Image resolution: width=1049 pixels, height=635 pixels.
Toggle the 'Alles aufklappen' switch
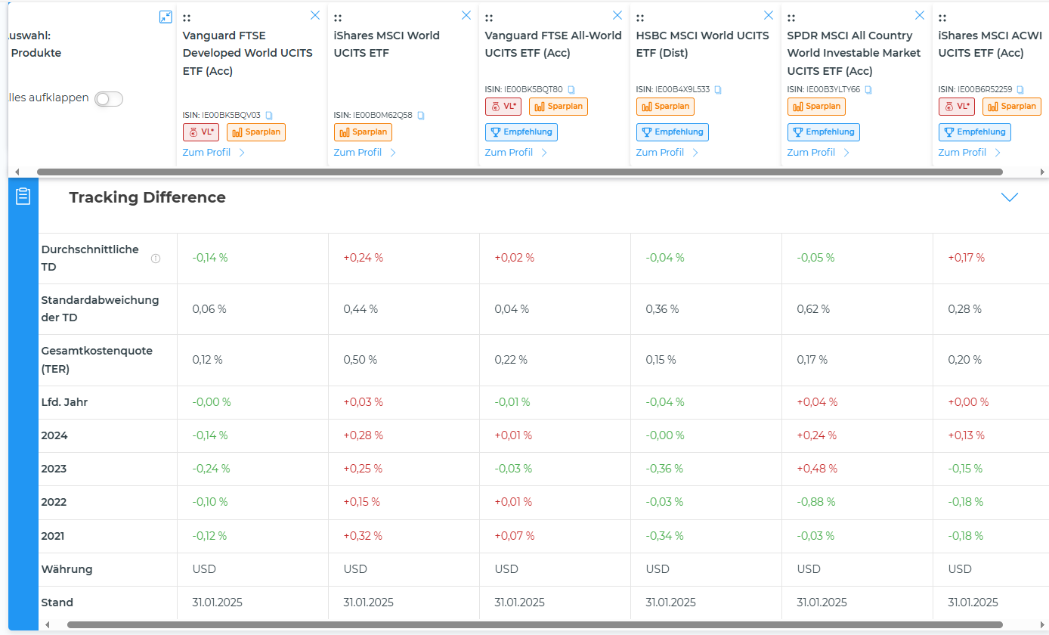pos(109,99)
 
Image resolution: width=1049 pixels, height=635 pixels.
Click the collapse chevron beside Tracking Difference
pos(1009,197)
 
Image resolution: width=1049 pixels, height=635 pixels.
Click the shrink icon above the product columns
pos(166,17)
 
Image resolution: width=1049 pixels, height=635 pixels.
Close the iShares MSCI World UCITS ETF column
pos(466,15)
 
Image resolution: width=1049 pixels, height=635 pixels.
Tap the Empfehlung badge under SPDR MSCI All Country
pos(823,132)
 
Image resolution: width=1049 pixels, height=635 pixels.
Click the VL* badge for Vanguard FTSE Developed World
pos(200,132)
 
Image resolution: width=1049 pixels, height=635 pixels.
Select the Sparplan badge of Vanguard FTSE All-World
pos(558,107)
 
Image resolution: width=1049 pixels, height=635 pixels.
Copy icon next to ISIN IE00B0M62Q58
pos(421,116)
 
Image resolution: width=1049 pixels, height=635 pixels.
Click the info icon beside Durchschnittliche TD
pos(156,259)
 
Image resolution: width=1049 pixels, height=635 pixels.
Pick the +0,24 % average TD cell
pos(363,258)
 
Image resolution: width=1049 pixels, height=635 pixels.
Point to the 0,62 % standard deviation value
pos(813,309)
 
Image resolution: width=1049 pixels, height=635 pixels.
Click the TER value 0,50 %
pos(360,360)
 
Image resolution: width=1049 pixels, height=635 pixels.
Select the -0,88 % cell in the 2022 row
pos(815,502)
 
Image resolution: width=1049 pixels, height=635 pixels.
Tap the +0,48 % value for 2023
pos(817,469)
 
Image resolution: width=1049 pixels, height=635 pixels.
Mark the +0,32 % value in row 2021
pos(363,536)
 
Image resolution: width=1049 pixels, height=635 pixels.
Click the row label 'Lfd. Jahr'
pos(64,402)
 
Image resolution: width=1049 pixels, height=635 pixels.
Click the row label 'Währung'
pos(67,569)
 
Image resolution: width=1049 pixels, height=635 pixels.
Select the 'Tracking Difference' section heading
pos(147,197)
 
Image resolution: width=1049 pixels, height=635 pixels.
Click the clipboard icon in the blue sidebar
pos(23,197)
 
